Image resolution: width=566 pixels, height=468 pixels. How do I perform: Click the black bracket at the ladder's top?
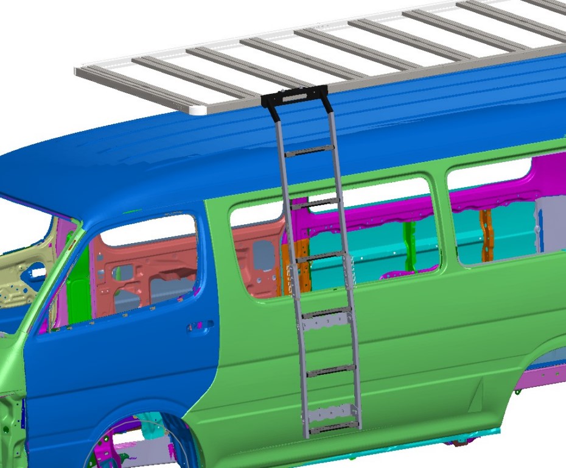pos(295,96)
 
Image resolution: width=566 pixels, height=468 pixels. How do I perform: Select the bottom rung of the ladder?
pos(332,425)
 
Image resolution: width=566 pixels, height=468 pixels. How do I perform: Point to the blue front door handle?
pos(200,327)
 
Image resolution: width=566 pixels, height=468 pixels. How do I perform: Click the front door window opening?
pos(146,268)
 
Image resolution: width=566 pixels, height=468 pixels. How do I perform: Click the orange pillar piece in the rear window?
pos(486,235)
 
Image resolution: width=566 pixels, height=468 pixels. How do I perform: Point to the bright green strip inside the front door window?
pos(77,292)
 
